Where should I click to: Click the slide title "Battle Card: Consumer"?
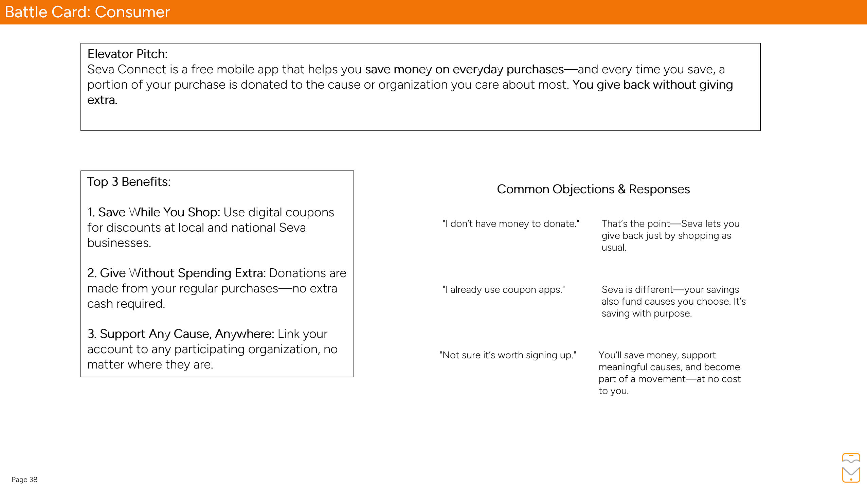[x=87, y=12]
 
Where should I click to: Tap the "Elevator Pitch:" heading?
[x=127, y=54]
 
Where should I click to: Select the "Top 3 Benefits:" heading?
[x=129, y=182]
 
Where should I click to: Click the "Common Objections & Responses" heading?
[x=593, y=189]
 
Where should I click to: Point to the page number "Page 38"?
[x=24, y=479]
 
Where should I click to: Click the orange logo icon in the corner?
[x=851, y=467]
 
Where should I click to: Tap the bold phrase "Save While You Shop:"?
[x=154, y=212]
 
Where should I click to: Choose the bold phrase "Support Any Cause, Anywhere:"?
[x=181, y=334]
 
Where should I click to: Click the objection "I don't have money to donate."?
[x=511, y=224]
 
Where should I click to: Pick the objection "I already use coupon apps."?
[x=504, y=290]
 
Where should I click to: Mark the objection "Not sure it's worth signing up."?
[x=508, y=355]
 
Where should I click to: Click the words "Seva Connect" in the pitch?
[x=127, y=69]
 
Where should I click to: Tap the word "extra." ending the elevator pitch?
[x=102, y=100]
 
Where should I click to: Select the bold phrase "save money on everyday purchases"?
[x=464, y=69]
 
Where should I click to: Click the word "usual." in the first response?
[x=614, y=248]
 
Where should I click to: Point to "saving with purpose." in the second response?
[x=646, y=313]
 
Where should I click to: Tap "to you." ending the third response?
[x=613, y=391]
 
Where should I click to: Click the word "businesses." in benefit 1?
[x=119, y=243]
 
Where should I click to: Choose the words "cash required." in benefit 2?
[x=126, y=304]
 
